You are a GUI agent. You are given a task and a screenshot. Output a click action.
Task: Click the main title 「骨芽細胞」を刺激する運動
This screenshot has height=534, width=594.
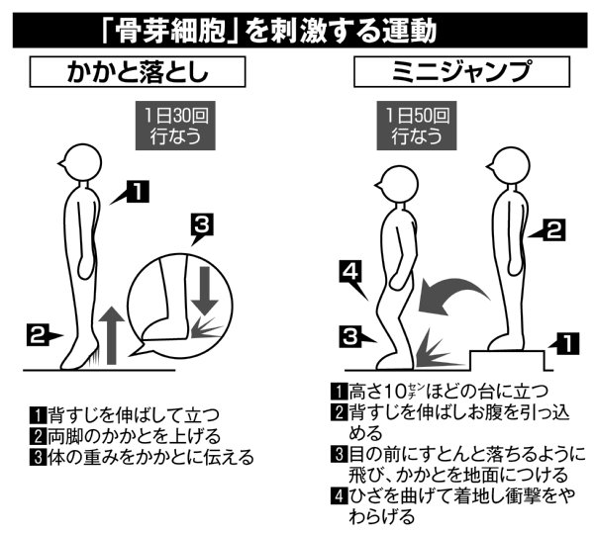(269, 31)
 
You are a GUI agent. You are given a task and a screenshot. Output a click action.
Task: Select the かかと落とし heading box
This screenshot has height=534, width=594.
(138, 72)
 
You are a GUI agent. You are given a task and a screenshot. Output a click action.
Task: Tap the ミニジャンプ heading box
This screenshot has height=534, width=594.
(461, 71)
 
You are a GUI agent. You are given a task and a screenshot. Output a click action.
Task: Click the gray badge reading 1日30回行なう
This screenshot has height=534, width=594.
(175, 126)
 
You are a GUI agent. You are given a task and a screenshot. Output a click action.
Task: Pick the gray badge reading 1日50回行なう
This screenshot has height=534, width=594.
(417, 126)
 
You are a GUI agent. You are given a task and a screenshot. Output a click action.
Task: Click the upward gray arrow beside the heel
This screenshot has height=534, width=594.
(111, 335)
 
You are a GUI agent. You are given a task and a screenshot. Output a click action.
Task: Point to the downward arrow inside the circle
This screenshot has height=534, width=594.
(205, 291)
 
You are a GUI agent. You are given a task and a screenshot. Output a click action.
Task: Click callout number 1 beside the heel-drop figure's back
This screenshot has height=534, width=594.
(138, 192)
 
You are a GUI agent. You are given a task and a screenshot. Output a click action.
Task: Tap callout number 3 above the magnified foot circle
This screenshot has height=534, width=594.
(202, 224)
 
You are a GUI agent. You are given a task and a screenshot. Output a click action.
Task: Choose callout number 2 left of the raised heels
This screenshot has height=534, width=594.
(38, 335)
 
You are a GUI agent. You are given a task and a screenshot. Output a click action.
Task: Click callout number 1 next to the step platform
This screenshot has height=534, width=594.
(568, 343)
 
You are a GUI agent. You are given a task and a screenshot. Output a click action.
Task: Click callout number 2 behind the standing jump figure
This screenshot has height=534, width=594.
(553, 229)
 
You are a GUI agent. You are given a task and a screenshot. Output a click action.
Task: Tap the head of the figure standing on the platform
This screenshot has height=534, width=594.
(508, 165)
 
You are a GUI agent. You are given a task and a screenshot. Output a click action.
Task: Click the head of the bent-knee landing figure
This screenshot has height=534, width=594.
(397, 184)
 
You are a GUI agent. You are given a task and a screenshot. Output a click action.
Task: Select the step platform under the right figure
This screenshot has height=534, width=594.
(507, 360)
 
